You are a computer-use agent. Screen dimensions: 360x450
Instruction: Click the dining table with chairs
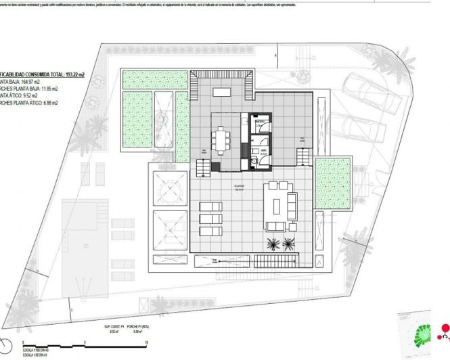tap(221, 141)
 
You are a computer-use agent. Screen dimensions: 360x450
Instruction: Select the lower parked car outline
tap(358, 133)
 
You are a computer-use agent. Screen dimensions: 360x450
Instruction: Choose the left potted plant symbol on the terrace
tap(273, 245)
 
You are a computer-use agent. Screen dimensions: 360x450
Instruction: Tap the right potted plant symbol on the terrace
tap(290, 245)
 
